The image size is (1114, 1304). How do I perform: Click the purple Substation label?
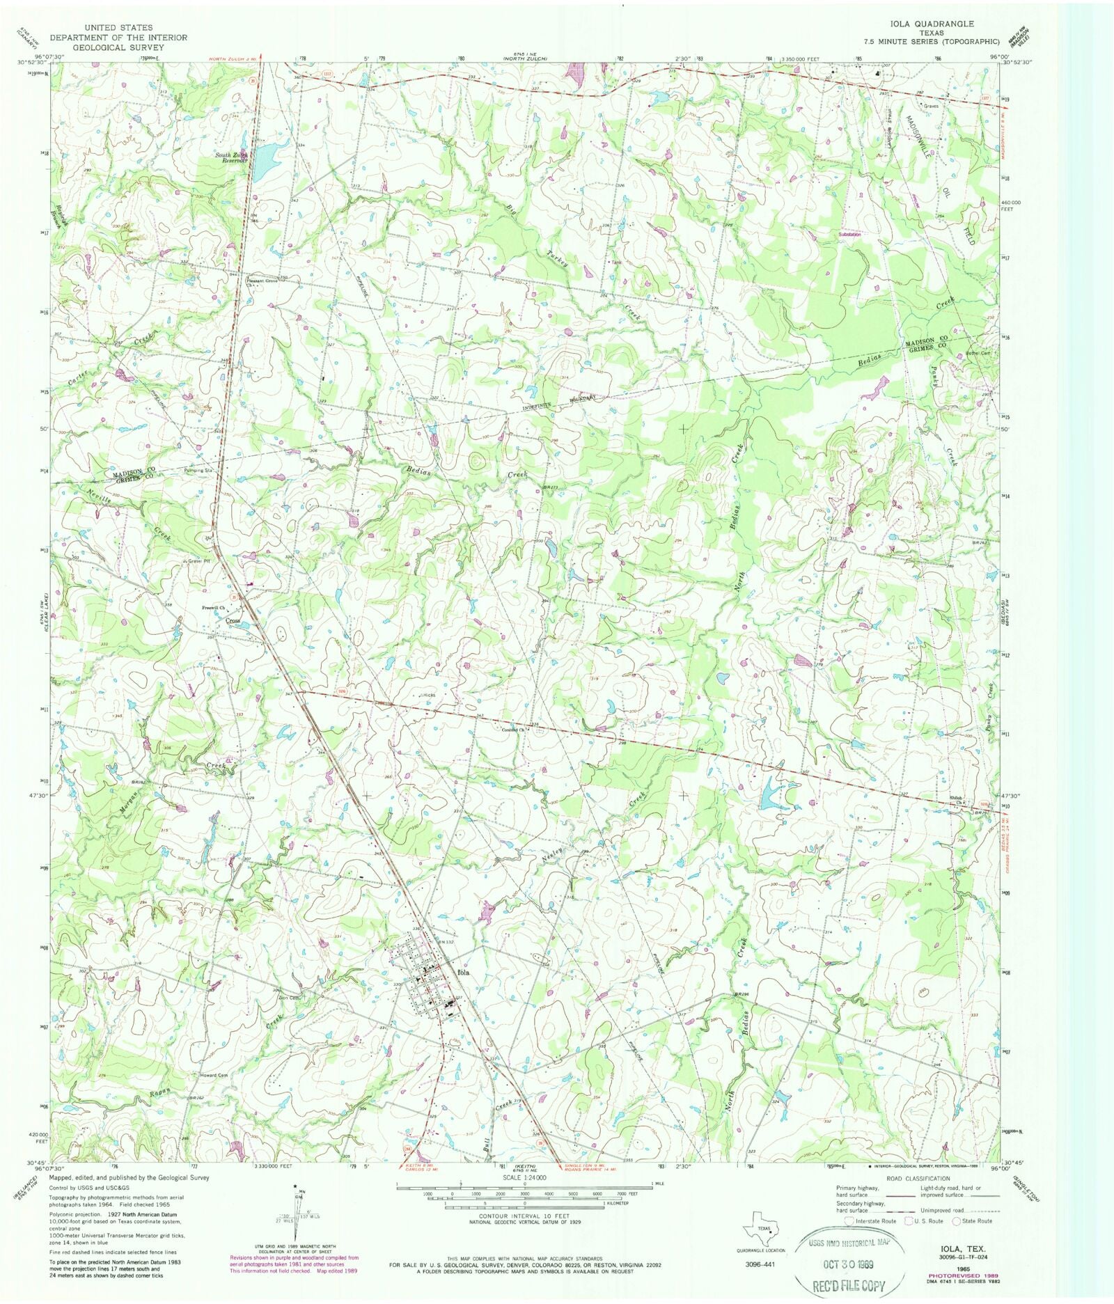(x=849, y=235)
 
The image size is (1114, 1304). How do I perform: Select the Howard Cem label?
(x=214, y=1075)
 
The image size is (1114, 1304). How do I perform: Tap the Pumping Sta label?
(x=198, y=471)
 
